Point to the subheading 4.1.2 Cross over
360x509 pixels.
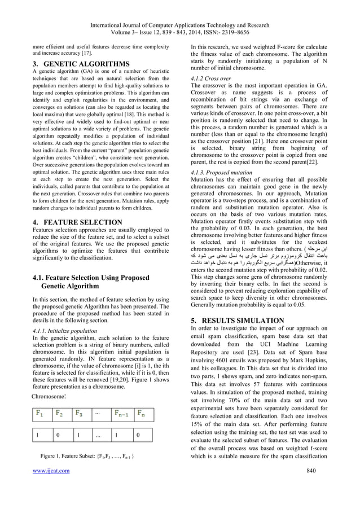click(x=210, y=78)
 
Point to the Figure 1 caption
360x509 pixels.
click(x=87, y=470)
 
